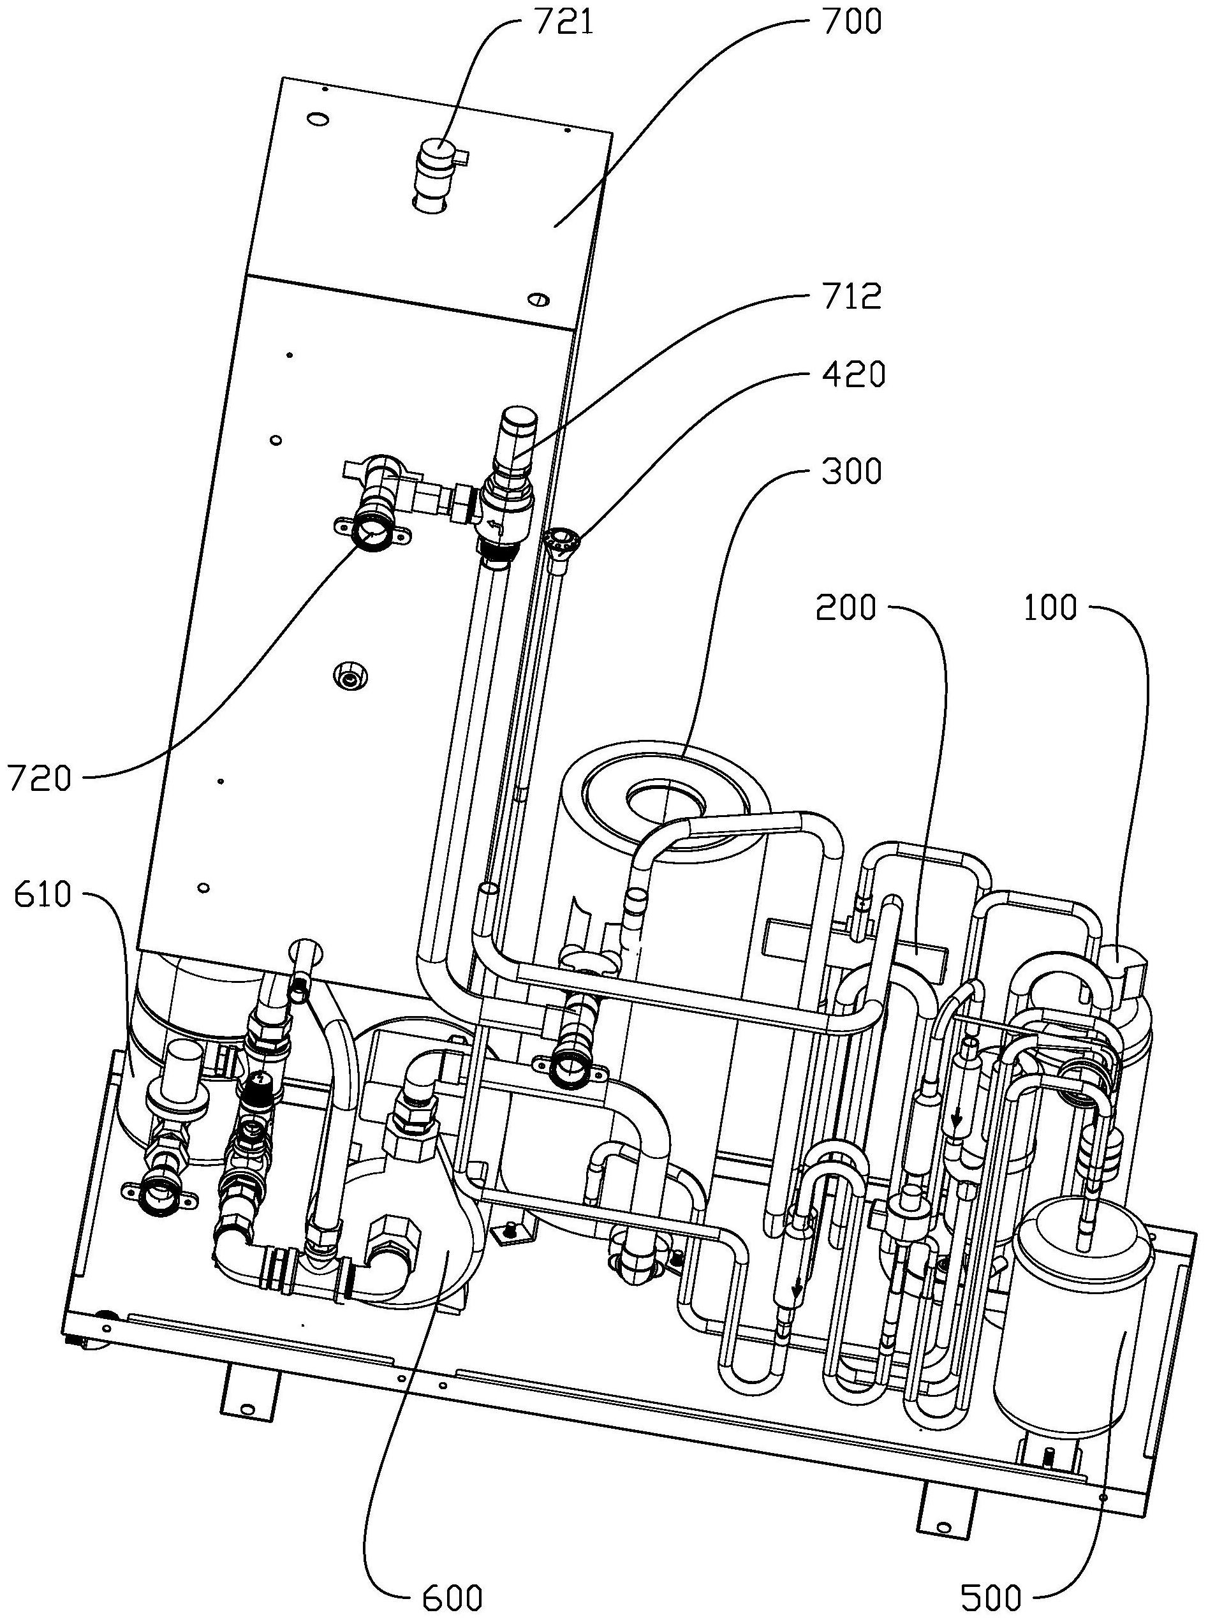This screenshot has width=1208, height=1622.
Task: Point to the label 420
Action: pyautogui.click(x=854, y=374)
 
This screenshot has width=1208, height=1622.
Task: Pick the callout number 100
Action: pyautogui.click(x=1050, y=608)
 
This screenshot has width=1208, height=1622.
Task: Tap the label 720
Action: pyautogui.click(x=40, y=779)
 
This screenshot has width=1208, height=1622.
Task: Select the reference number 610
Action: pyautogui.click(x=41, y=895)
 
